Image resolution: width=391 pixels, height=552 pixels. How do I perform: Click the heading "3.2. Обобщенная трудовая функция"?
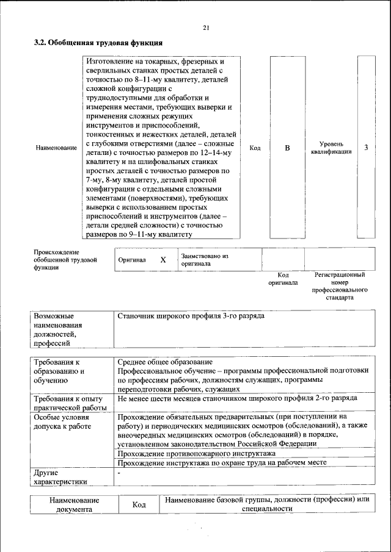pos(98,44)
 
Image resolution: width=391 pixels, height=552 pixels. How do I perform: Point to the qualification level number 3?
pos(366,148)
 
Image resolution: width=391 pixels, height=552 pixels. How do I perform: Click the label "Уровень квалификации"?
pos(331,148)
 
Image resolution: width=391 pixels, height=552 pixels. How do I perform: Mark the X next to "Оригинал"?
pos(163,260)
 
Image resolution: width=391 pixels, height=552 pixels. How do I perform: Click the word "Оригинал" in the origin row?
pos(132,260)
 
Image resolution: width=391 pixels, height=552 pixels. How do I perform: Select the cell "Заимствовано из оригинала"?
pos(204,260)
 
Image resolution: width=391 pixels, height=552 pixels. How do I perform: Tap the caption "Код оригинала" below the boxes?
pos(283,279)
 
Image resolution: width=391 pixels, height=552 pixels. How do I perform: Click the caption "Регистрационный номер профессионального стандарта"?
pos(340,287)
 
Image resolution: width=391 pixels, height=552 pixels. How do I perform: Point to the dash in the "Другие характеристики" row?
pos(120,473)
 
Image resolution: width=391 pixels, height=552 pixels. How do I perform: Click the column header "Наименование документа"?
pos(74,505)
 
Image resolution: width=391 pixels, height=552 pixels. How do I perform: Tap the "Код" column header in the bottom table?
pos(139,505)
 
